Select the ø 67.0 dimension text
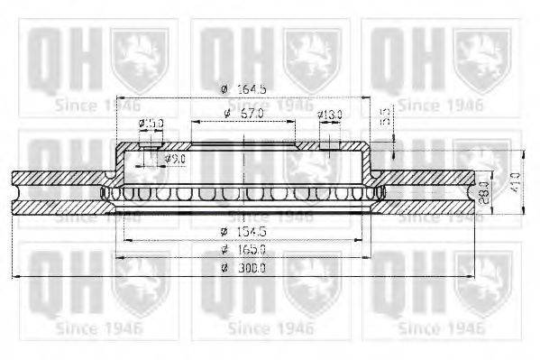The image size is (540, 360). tap(243, 113)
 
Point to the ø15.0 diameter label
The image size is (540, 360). tap(151, 124)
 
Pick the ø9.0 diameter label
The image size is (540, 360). tap(175, 159)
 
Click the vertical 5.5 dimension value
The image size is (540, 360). tap(384, 116)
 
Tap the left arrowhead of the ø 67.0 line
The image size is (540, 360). tap(193, 120)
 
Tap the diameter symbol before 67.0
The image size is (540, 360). tap(225, 113)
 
